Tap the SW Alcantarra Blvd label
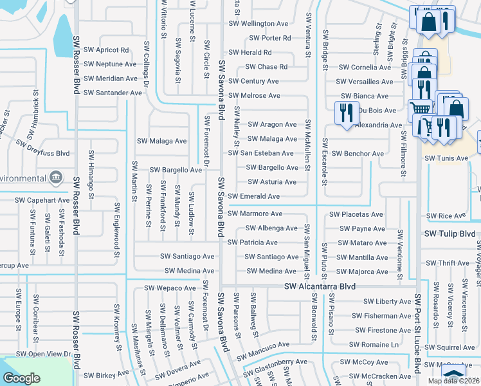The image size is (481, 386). [320, 286]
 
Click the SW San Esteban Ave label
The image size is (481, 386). [261, 153]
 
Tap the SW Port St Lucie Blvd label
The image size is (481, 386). [418, 333]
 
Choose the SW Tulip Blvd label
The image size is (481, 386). [451, 234]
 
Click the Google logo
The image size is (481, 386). [22, 378]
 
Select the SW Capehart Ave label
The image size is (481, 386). [42, 200]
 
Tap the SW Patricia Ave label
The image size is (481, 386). [253, 243]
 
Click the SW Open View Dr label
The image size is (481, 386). [43, 354]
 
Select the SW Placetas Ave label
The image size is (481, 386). [356, 214]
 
